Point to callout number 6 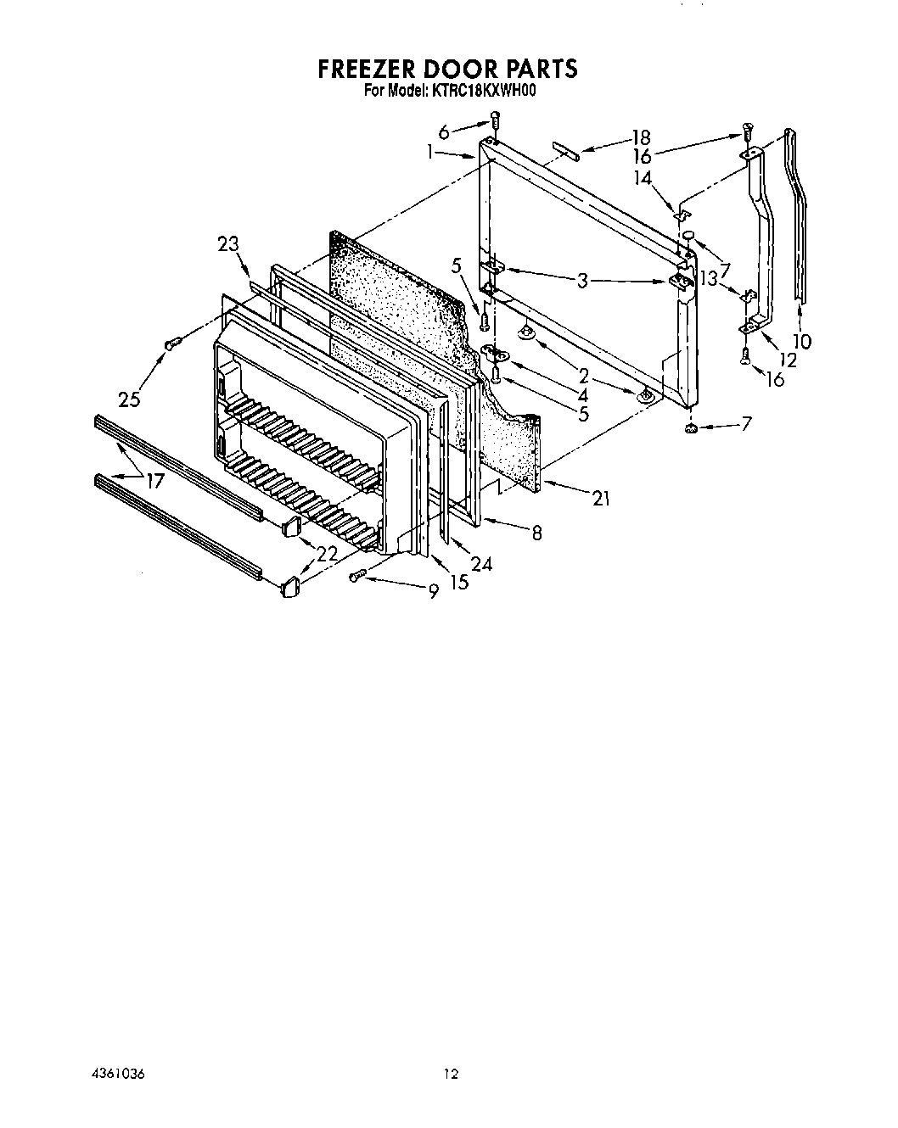pos(444,131)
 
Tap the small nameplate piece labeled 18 pos(565,150)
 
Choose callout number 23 pos(228,245)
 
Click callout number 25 pos(129,399)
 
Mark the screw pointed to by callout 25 pos(174,342)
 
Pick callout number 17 pos(154,482)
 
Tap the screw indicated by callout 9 pos(357,576)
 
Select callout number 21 pos(601,499)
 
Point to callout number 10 pos(800,342)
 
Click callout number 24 pos(481,564)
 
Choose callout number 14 pos(643,179)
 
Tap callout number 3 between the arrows pos(581,280)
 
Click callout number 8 pos(536,533)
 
